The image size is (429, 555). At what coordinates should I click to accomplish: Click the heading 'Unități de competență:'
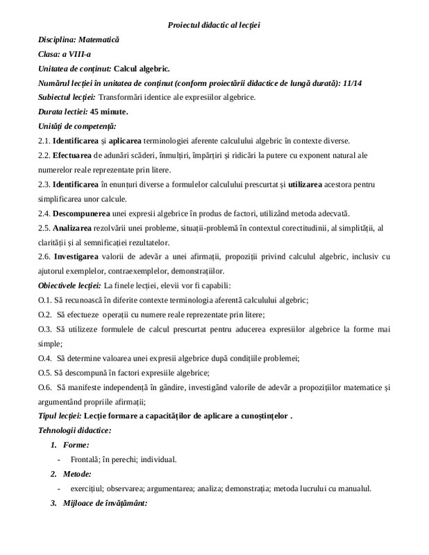coord(77,126)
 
